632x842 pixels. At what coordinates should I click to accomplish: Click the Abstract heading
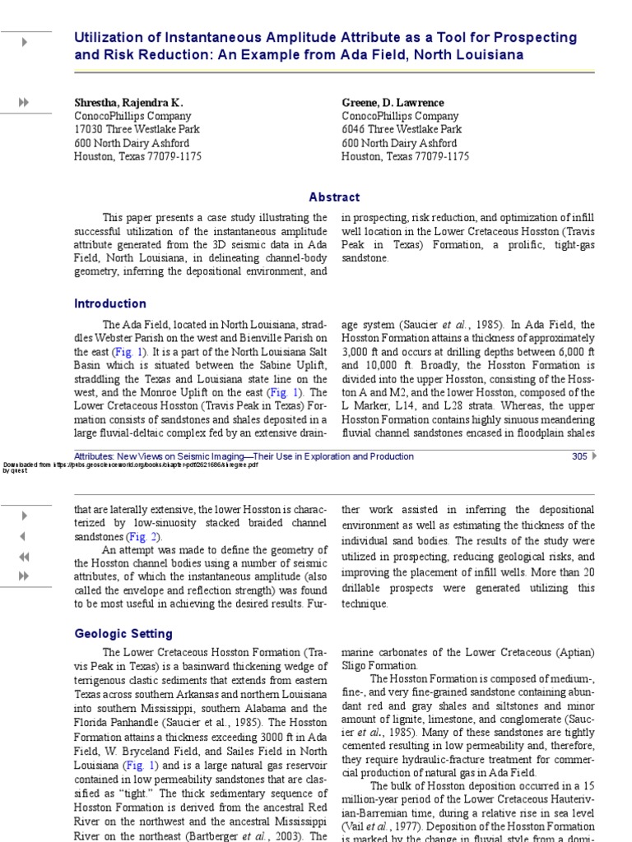pos(334,197)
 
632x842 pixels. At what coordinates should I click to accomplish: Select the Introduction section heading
pos(110,303)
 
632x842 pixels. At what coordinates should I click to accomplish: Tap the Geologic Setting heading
pos(123,634)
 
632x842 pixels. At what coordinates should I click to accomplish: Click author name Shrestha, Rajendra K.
pos(128,103)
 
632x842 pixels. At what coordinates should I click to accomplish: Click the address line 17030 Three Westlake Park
pos(137,130)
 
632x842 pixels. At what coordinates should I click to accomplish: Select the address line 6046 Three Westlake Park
pos(402,130)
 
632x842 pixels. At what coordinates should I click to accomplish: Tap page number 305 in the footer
pos(579,456)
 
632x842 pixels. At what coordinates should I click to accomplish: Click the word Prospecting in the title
pos(536,38)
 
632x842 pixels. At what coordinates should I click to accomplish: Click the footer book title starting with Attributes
pos(244,456)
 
